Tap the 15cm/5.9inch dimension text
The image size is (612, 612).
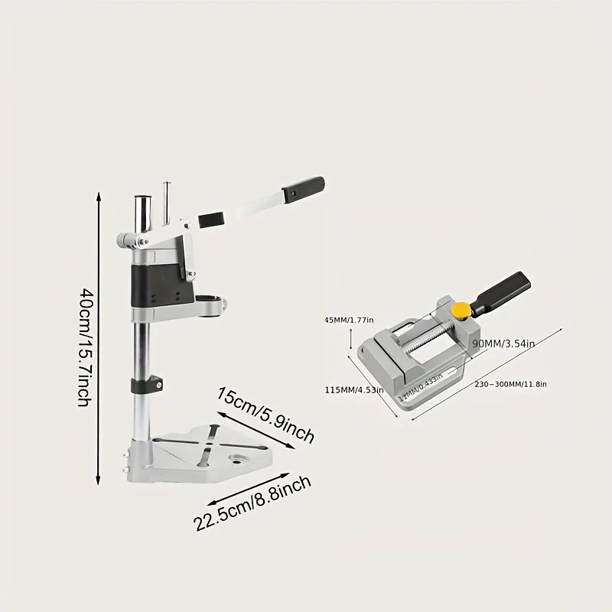tap(265, 418)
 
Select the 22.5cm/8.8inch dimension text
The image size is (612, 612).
tap(252, 503)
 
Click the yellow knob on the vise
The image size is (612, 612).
tap(460, 310)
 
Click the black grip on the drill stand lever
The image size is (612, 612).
tap(306, 187)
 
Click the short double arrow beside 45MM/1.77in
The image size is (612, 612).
tap(350, 338)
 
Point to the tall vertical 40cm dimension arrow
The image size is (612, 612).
tap(99, 337)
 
